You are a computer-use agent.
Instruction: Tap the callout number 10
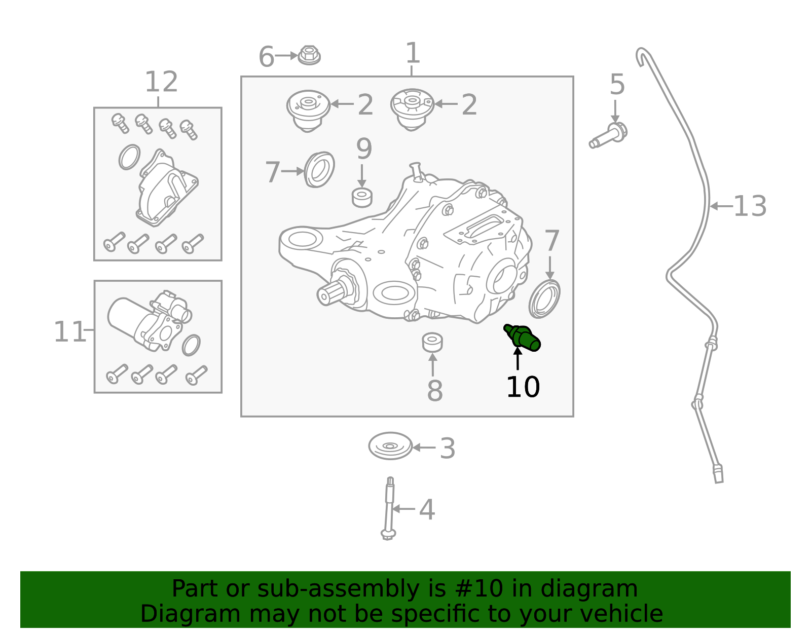pyautogui.click(x=523, y=388)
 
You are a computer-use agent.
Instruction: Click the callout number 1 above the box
pyautogui.click(x=413, y=53)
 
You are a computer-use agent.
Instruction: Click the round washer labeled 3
pyautogui.click(x=390, y=446)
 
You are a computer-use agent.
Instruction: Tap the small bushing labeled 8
pyautogui.click(x=432, y=342)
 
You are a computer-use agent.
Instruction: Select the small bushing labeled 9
pyautogui.click(x=362, y=197)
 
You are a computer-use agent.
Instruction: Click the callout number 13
pyautogui.click(x=750, y=207)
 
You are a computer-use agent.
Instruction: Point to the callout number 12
pyautogui.click(x=161, y=82)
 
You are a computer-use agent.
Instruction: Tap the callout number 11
pyautogui.click(x=70, y=332)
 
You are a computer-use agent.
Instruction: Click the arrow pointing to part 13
pyautogui.click(x=721, y=206)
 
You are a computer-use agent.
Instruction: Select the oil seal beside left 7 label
pyautogui.click(x=319, y=169)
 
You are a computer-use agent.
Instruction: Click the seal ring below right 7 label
pyautogui.click(x=544, y=299)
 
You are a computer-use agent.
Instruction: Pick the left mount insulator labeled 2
pyautogui.click(x=308, y=110)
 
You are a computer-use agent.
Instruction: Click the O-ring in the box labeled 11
pyautogui.click(x=191, y=345)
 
